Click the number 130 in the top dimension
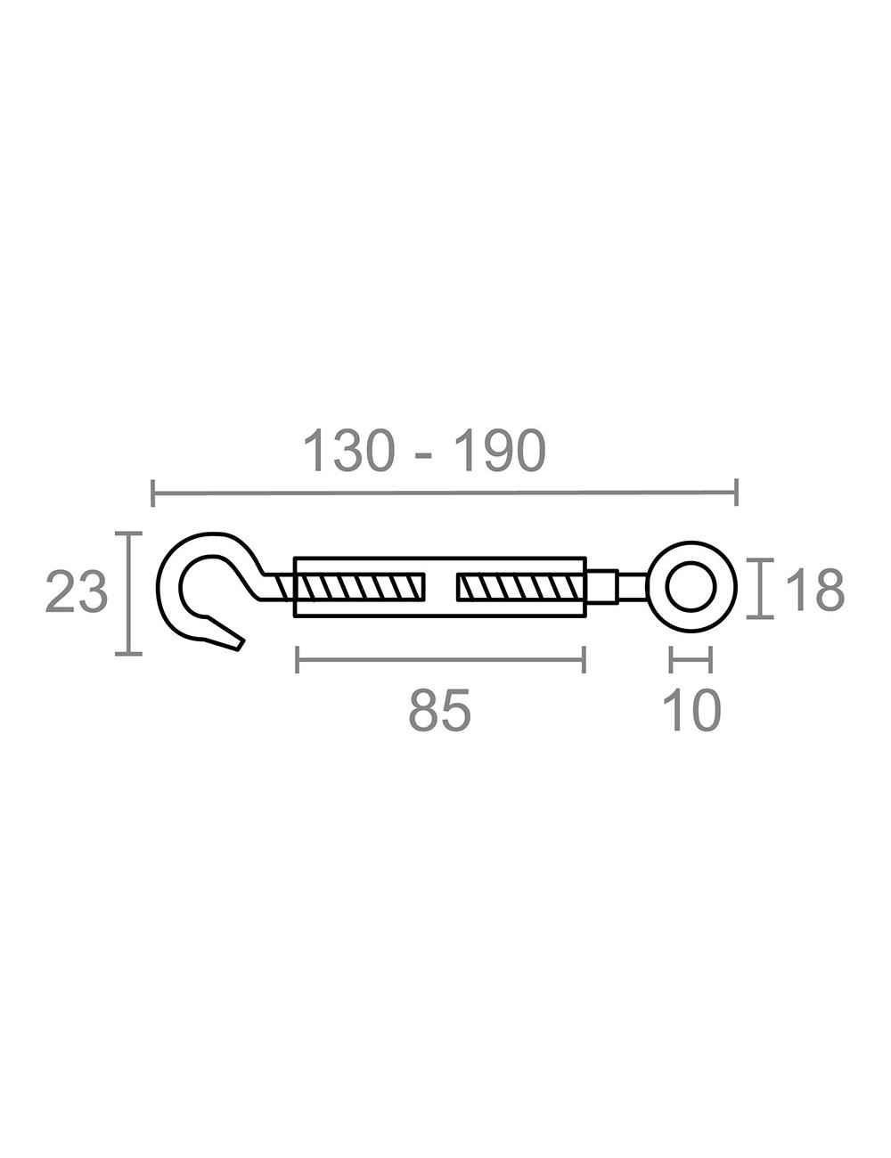(348, 451)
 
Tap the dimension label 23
(77, 593)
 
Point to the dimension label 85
(439, 712)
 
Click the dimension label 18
(814, 590)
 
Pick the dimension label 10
(691, 712)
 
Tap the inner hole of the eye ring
(691, 587)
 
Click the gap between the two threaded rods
(441, 587)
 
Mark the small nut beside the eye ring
(601, 587)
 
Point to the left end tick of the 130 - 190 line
(153, 492)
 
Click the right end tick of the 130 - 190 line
(736, 492)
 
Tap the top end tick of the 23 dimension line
(129, 534)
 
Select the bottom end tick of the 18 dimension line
(760, 617)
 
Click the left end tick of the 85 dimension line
(298, 660)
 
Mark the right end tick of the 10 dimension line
(710, 660)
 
